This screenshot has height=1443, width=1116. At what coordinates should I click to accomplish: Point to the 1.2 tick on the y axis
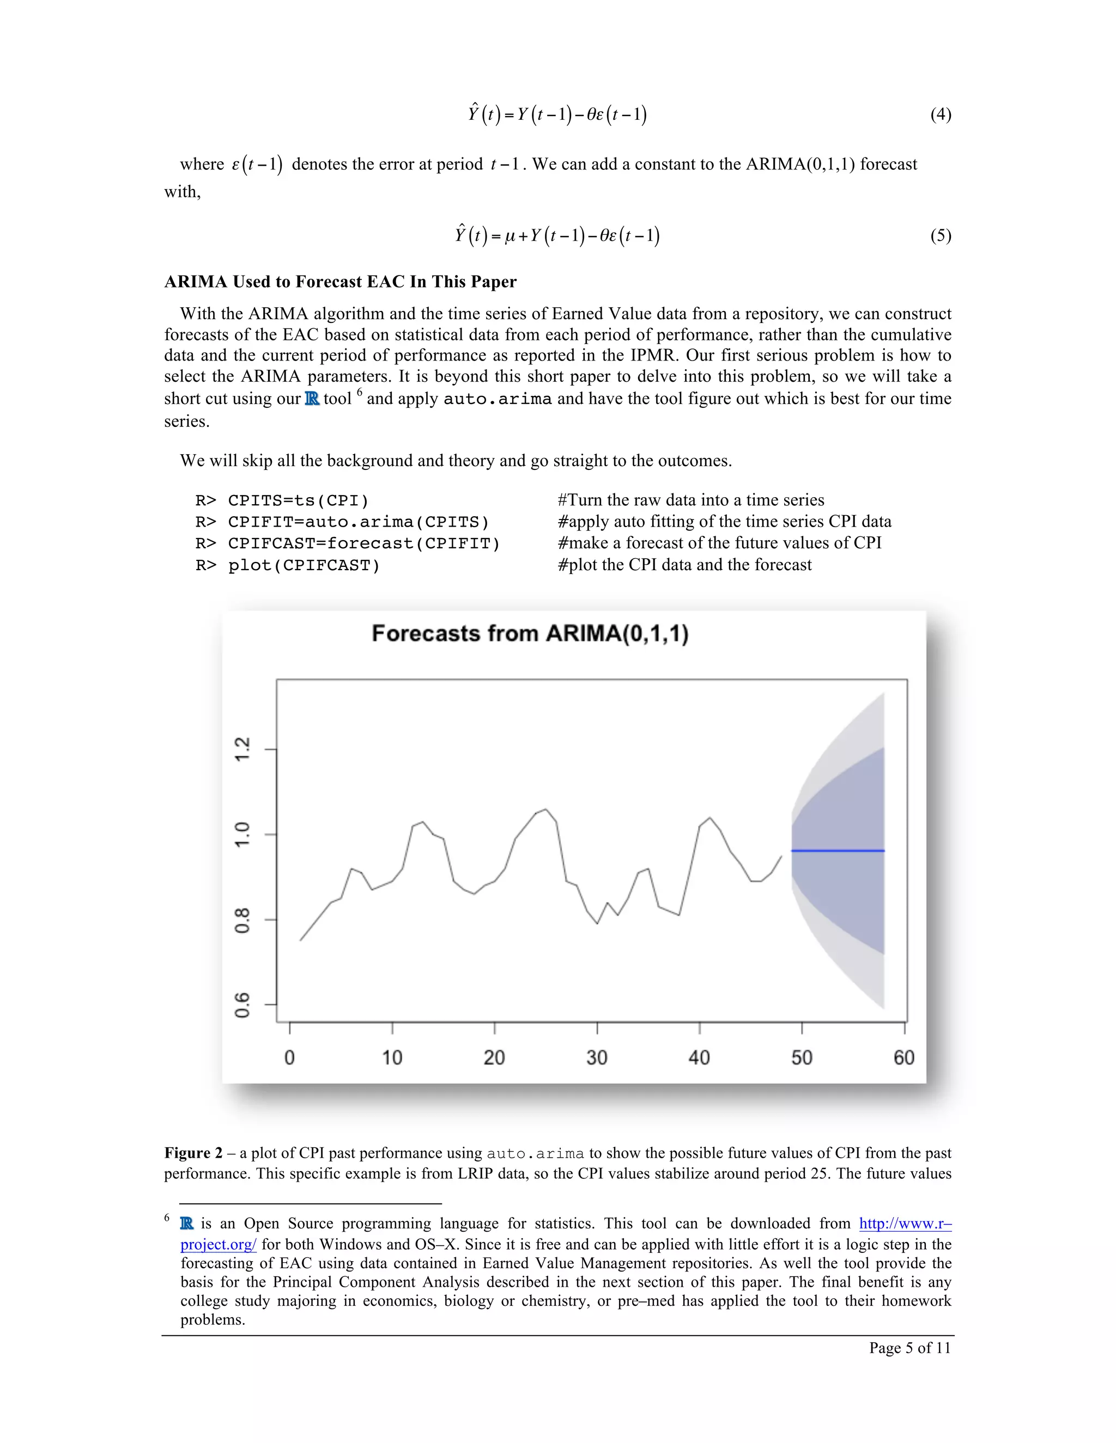point(243,749)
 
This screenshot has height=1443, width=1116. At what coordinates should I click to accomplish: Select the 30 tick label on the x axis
point(596,1058)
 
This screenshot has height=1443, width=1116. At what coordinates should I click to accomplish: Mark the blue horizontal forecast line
point(837,851)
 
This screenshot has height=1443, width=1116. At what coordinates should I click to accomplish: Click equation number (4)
point(940,114)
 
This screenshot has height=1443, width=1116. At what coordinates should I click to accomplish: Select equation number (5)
point(940,236)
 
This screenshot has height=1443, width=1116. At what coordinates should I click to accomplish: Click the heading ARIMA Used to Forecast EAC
point(340,282)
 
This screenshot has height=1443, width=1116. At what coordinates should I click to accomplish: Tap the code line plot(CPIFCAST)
point(304,566)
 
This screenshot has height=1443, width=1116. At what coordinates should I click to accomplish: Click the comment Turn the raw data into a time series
point(690,500)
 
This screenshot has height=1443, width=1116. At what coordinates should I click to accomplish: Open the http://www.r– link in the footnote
point(905,1224)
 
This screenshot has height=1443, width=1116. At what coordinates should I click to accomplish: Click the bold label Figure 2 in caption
point(193,1153)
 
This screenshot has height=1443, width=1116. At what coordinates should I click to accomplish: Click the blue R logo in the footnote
point(187,1224)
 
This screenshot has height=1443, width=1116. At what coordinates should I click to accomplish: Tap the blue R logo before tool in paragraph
point(312,399)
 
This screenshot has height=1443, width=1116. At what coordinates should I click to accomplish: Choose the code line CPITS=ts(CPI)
point(298,500)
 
